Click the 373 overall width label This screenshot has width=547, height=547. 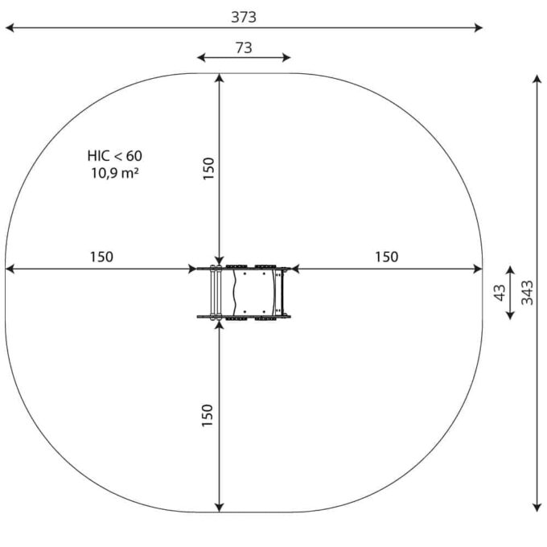tap(244, 17)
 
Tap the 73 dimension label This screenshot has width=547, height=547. tap(244, 47)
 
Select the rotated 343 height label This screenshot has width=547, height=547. tap(527, 292)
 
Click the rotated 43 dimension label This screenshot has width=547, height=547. tap(500, 292)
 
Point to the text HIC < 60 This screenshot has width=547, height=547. tap(115, 156)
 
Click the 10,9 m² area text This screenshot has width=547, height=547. tap(115, 173)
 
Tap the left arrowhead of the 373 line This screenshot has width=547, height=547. tap(10, 27)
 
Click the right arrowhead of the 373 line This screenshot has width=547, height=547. tap(479, 27)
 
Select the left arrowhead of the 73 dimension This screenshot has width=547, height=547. tap(201, 58)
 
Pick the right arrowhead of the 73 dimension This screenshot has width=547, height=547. tap(286, 58)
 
